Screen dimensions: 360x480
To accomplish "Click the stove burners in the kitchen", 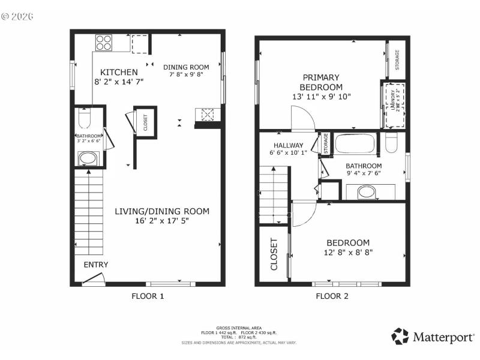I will [x=104, y=43].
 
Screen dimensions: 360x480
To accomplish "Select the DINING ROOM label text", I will [x=186, y=67].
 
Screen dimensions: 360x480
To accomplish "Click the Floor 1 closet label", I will [x=145, y=122].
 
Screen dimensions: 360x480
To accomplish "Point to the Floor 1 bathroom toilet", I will [x=84, y=121].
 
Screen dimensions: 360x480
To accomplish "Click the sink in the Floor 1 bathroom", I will [x=88, y=159].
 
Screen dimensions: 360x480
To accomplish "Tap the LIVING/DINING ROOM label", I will [x=162, y=211].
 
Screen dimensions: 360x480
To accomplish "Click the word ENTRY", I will [x=96, y=265].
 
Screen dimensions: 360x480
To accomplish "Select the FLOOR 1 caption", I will [x=148, y=296].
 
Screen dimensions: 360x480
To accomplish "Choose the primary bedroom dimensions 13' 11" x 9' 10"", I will [x=321, y=97].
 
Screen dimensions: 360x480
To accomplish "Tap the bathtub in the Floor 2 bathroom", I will [x=354, y=144].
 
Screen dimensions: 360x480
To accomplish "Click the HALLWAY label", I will [x=289, y=146].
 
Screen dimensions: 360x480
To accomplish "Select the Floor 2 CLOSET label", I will [x=274, y=254].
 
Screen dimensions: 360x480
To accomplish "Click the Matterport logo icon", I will [x=400, y=336].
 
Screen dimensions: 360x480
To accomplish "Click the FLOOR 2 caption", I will [x=332, y=296].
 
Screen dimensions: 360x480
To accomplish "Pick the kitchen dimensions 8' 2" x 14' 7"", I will [x=119, y=83].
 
